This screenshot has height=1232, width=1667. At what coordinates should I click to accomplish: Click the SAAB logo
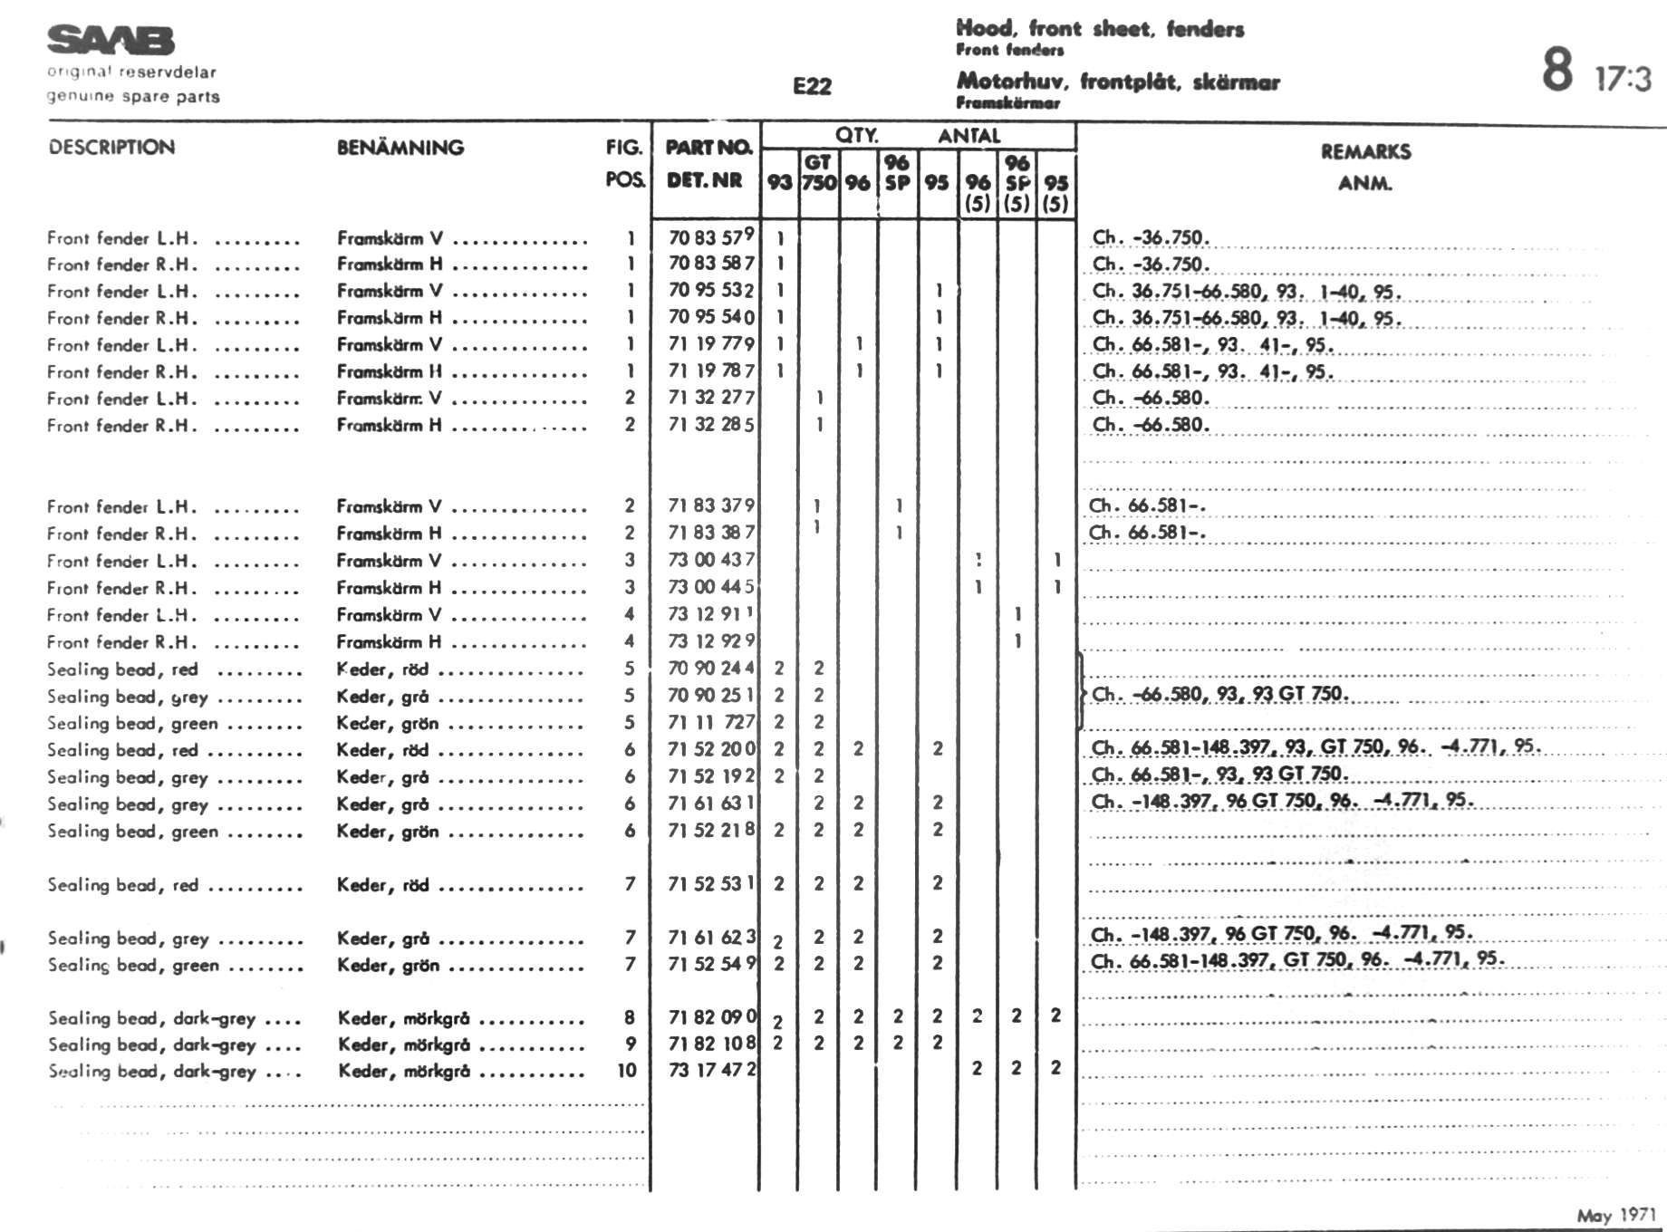[x=110, y=41]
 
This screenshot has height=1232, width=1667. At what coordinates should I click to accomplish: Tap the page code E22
[x=811, y=86]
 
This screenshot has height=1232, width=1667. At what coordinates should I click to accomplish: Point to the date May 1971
[x=1615, y=1215]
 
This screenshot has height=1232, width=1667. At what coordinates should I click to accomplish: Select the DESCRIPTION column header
[x=111, y=147]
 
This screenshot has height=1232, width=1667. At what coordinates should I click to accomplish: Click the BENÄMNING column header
[x=400, y=147]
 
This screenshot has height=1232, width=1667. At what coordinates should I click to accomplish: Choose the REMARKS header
[x=1365, y=151]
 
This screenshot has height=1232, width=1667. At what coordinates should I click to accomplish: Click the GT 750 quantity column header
[x=818, y=172]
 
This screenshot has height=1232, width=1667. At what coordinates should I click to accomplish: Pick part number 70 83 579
[x=710, y=237]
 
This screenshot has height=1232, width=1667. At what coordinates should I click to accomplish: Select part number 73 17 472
[x=711, y=1070]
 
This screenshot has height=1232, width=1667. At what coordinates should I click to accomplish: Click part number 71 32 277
[x=710, y=397]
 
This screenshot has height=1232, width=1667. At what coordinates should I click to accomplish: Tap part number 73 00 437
[x=710, y=560]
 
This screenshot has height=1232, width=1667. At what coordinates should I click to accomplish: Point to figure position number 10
[x=627, y=1070]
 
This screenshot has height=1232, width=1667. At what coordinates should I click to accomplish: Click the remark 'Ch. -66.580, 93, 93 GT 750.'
[x=1219, y=695]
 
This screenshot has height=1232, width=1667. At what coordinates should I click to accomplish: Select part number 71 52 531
[x=710, y=883]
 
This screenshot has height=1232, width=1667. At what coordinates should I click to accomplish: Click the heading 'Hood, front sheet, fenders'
[x=1100, y=29]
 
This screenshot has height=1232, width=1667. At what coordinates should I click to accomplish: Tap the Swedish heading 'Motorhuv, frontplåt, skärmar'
[x=1118, y=82]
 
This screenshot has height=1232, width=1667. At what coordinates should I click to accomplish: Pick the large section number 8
[x=1556, y=69]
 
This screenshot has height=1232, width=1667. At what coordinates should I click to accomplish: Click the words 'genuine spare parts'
[x=133, y=96]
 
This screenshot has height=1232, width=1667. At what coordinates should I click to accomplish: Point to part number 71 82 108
[x=711, y=1043]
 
